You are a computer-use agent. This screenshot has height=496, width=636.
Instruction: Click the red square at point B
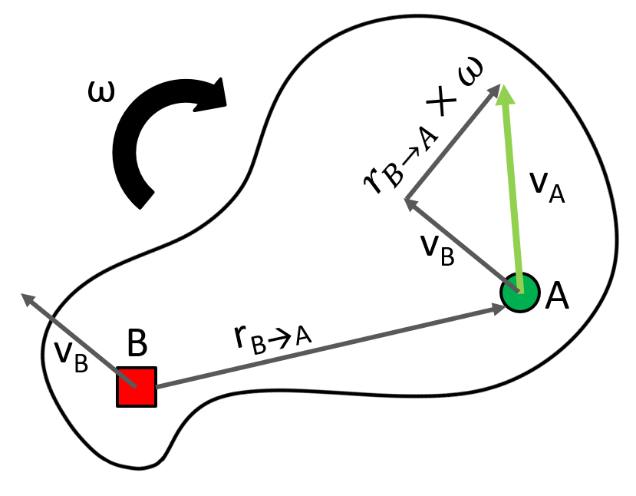click(137, 386)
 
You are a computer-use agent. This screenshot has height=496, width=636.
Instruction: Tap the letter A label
click(558, 295)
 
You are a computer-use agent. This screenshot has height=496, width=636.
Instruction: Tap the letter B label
click(137, 345)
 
